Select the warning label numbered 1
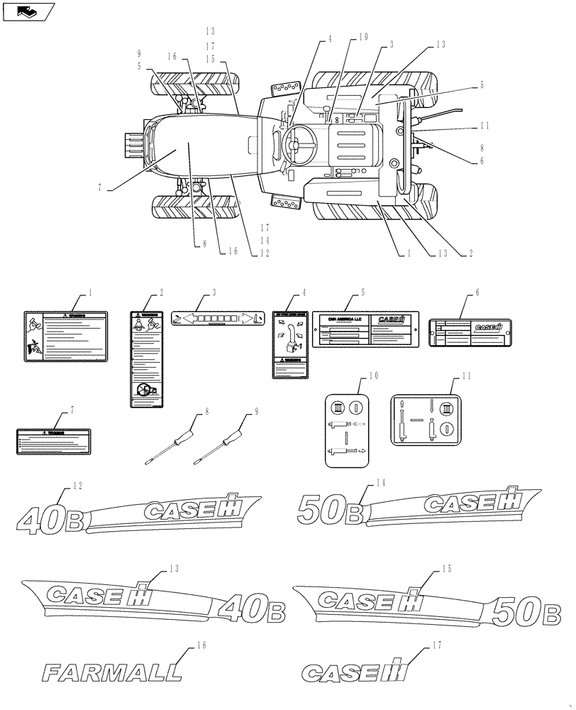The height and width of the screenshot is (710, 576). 65,337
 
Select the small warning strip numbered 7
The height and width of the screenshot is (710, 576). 54,440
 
